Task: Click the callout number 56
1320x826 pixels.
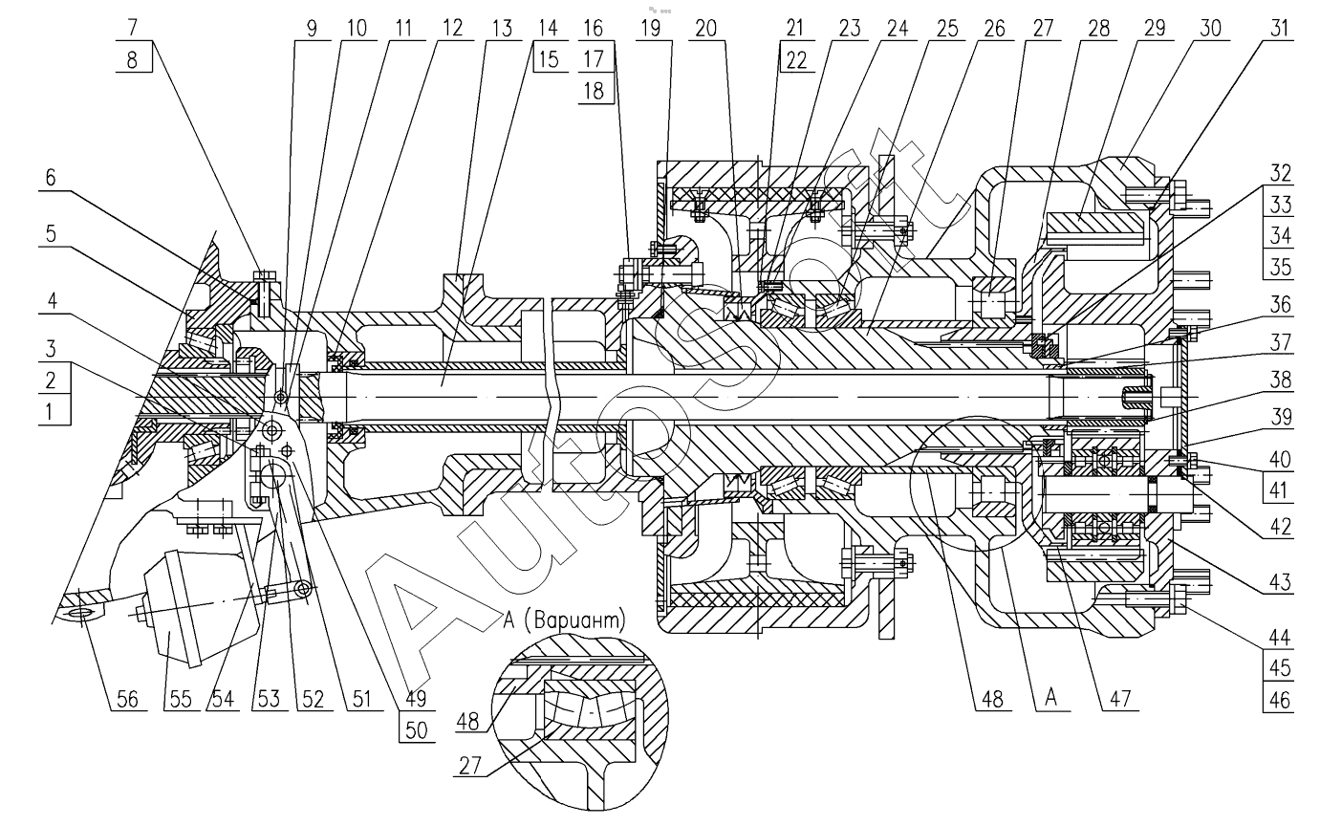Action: (125, 699)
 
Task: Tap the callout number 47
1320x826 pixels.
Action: (1114, 699)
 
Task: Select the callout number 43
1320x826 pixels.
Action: (1278, 579)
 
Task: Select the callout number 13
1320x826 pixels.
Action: (498, 28)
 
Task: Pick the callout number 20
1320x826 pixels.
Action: (706, 28)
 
